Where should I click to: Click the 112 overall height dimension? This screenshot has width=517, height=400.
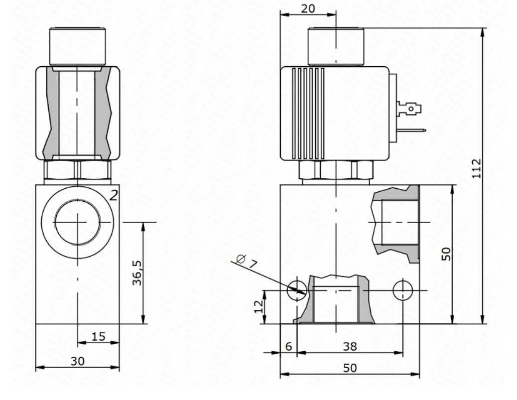tap(477, 168)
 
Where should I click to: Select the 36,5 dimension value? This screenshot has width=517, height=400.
tap(137, 272)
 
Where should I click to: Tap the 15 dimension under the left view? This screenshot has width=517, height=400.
tap(98, 336)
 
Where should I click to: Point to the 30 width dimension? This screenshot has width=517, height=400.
tap(78, 361)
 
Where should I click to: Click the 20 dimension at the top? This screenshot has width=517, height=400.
tap(308, 8)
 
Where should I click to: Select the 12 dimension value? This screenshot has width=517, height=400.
tap(259, 306)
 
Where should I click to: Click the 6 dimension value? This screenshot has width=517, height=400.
tap(288, 346)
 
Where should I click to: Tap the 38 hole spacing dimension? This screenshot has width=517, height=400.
tap(350, 346)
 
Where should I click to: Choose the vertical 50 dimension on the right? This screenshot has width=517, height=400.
tap(446, 254)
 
